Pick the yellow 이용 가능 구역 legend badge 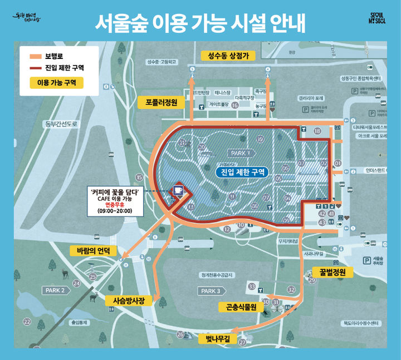pyautogui.click(x=56, y=83)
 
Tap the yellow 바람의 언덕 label pyautogui.click(x=94, y=251)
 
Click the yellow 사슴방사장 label pyautogui.click(x=128, y=300)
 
